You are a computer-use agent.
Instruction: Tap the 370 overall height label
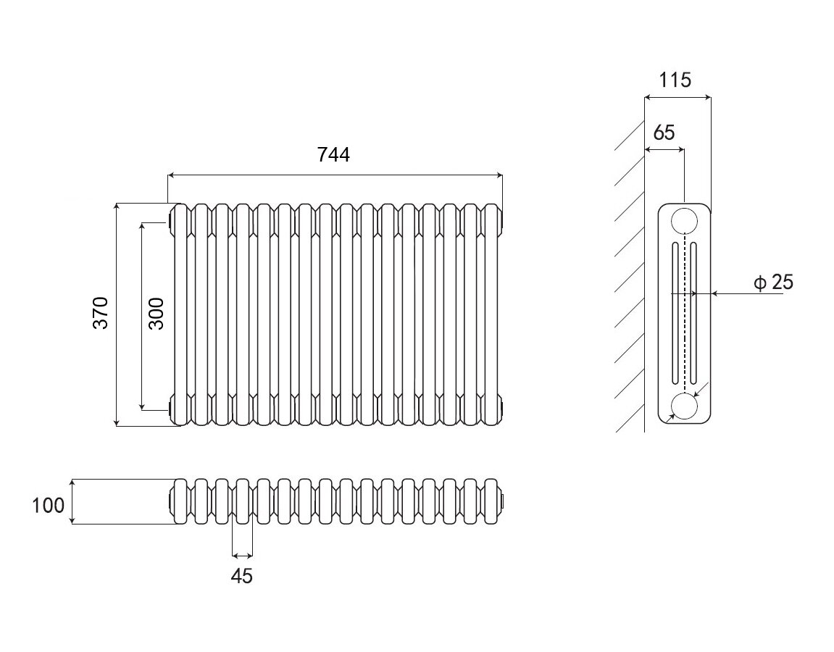click(x=101, y=312)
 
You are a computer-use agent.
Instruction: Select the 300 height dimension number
click(x=157, y=313)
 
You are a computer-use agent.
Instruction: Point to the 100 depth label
click(x=49, y=505)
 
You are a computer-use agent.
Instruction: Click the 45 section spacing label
click(x=242, y=577)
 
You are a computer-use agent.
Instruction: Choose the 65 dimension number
click(x=663, y=133)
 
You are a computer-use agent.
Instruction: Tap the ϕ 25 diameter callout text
click(x=774, y=282)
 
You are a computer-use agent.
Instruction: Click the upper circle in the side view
click(x=684, y=220)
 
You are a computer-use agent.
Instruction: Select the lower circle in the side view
click(x=684, y=406)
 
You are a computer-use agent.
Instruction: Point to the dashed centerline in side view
click(x=684, y=312)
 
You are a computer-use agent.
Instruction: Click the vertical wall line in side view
click(x=645, y=290)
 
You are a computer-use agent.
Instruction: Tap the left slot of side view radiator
click(x=675, y=313)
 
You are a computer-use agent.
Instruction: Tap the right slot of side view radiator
click(x=693, y=313)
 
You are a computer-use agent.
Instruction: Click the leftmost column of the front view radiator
click(x=181, y=313)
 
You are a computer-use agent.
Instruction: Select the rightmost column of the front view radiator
click(x=491, y=313)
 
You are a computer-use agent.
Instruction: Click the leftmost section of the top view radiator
click(x=181, y=501)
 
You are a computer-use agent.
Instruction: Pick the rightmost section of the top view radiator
click(x=491, y=501)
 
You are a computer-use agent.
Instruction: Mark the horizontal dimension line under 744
click(x=335, y=175)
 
